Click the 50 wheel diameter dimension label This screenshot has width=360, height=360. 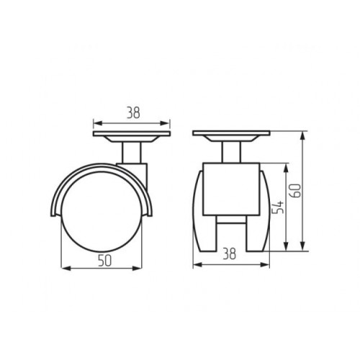point(105,261)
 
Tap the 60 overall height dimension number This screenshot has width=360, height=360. point(296,191)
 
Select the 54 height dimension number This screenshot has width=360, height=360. point(279,207)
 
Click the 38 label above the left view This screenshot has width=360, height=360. point(133,113)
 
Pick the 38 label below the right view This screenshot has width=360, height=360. point(230,254)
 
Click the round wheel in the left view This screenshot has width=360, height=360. point(102,212)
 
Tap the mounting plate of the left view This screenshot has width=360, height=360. point(132,134)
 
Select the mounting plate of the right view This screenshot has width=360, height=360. point(231,133)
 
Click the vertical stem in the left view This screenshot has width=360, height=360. point(132,153)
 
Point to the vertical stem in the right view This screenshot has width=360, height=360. point(231,152)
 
